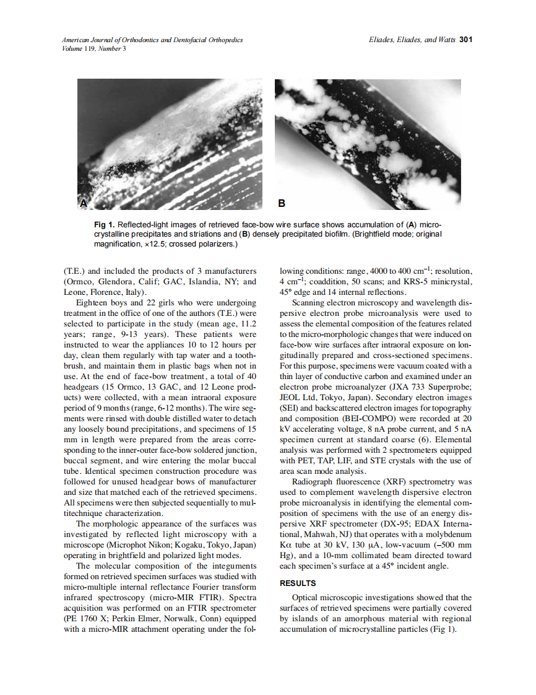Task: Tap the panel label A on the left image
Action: (84, 203)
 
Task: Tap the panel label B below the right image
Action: (282, 203)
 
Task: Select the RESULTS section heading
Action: (298, 584)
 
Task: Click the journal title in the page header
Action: (152, 40)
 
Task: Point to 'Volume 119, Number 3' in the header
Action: (94, 48)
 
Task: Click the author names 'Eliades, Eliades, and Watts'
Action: (411, 40)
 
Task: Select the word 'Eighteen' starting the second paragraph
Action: (93, 302)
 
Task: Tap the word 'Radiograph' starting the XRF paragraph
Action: (314, 481)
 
